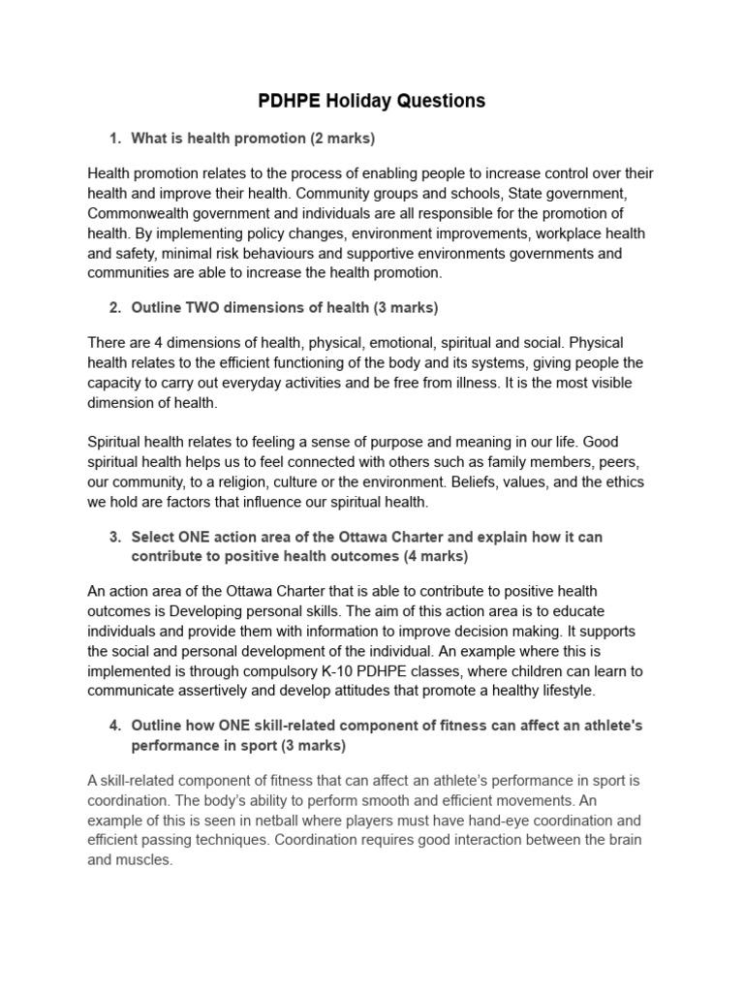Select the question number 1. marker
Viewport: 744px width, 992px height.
115,139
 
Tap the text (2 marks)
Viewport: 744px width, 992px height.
342,139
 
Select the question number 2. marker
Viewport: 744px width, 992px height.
115,308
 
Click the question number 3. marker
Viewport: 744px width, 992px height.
115,537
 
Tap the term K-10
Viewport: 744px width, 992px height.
370,670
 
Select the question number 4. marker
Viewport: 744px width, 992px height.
115,726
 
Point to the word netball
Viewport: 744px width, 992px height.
250,820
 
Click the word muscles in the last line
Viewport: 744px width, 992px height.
141,859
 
